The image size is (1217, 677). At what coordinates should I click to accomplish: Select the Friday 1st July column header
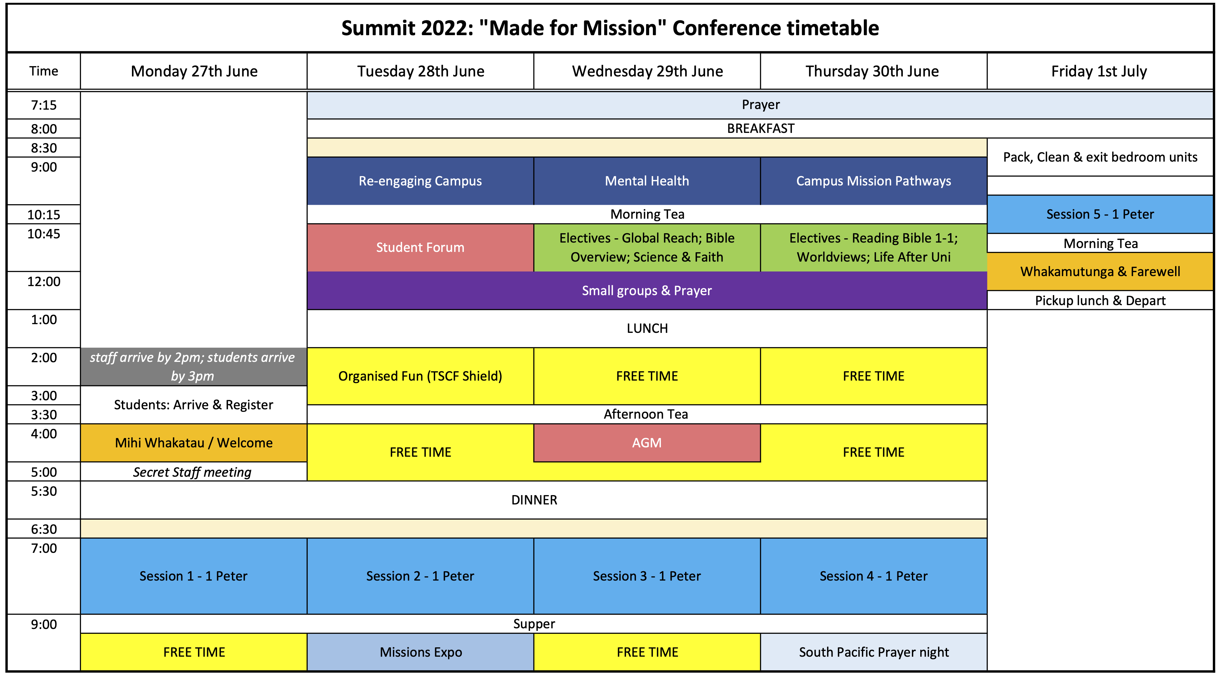(1099, 71)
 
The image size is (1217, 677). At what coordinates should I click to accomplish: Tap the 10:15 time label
(44, 214)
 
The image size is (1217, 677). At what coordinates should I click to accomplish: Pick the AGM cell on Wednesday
(647, 443)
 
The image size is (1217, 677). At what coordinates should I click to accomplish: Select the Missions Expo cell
(421, 652)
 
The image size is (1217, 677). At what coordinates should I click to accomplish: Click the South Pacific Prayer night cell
(873, 652)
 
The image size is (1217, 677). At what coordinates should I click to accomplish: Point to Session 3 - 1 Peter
(647, 576)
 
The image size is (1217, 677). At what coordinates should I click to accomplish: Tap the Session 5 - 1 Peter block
(1100, 214)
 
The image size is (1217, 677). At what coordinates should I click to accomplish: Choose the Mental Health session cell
(647, 181)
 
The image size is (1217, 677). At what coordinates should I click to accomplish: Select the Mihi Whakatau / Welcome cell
(194, 443)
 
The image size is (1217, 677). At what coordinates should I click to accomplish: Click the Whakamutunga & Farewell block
(1100, 272)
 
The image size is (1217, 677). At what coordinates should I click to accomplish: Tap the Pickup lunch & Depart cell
(1100, 301)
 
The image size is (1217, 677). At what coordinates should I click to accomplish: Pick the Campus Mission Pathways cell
(873, 181)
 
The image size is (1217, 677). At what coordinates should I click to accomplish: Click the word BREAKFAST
(761, 128)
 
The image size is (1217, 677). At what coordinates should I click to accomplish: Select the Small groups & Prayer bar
(647, 291)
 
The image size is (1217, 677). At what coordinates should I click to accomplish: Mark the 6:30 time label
(44, 529)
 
